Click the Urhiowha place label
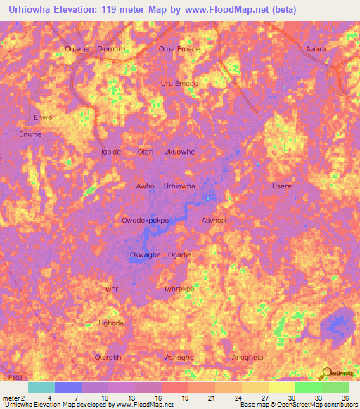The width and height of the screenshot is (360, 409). [x=179, y=186]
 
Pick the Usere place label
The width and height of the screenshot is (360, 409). [x=281, y=186]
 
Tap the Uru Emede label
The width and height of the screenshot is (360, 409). [x=179, y=83]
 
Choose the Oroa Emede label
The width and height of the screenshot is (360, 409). [x=179, y=49]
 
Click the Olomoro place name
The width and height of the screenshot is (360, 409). [x=111, y=49]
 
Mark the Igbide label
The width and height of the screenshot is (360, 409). [x=111, y=152]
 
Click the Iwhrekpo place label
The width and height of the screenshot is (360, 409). [x=179, y=288]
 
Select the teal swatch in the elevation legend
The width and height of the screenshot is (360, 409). [x=41, y=387]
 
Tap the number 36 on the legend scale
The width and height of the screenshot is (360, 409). [x=345, y=398]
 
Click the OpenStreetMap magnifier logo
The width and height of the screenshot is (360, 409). [x=326, y=372]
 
